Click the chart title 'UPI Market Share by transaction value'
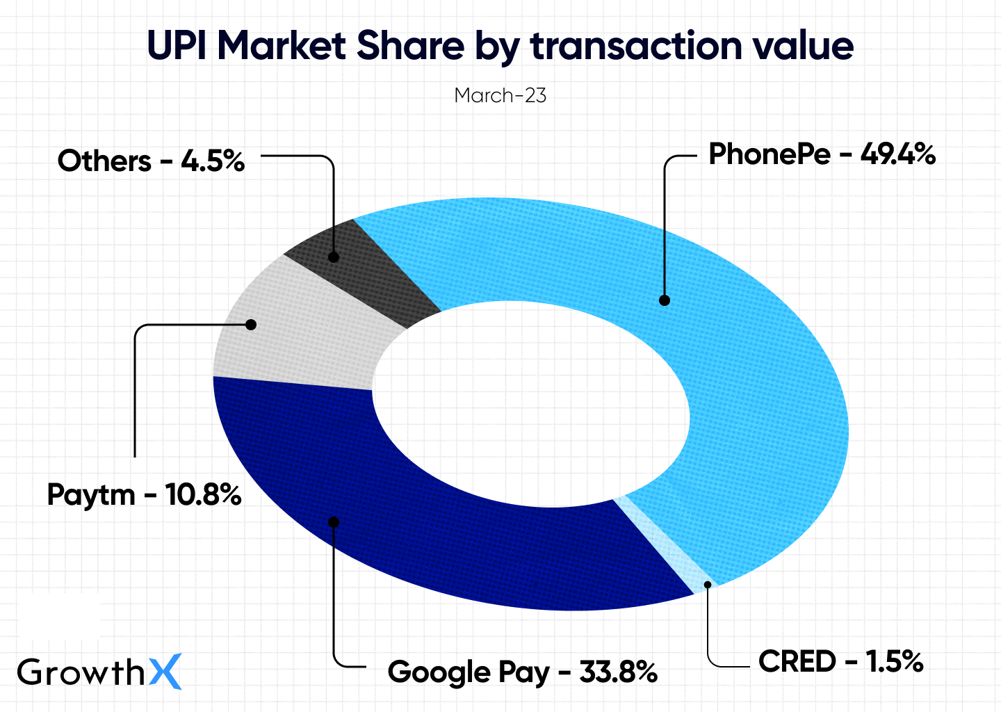point(500,46)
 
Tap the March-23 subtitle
point(500,95)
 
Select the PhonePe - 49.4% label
point(822,154)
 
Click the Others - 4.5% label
point(151,161)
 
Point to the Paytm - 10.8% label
point(144,494)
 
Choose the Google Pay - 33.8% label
point(522,672)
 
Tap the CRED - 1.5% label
point(840,661)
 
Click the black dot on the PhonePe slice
point(665,300)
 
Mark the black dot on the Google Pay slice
point(334,522)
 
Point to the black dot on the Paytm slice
point(252,325)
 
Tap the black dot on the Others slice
point(334,257)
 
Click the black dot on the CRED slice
point(707,584)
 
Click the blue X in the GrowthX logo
point(165,672)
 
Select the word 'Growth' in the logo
point(81,672)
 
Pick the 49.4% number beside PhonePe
point(898,154)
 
